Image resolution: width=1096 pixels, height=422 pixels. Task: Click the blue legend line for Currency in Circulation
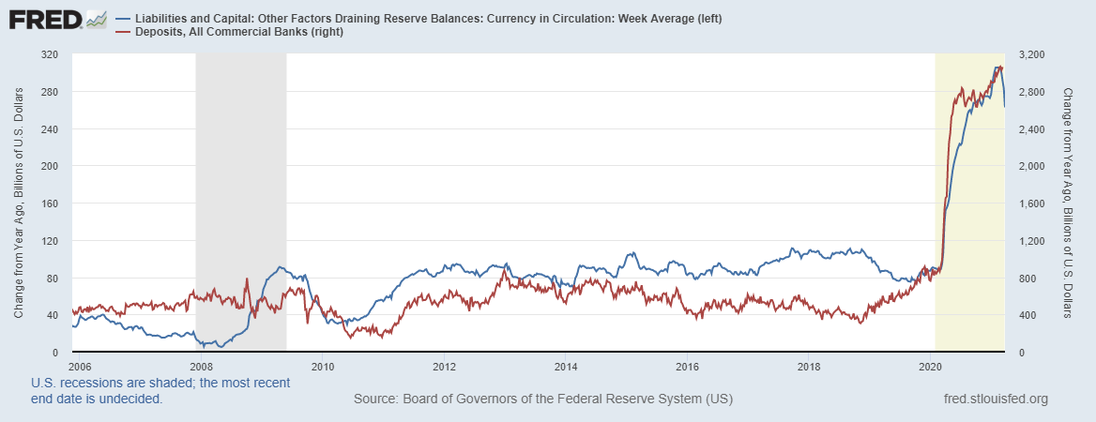[x=123, y=19]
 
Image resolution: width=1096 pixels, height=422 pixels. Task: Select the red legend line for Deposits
[x=123, y=33]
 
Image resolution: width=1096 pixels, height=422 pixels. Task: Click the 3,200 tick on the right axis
[x=1027, y=54]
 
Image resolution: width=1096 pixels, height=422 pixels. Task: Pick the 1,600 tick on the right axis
[x=1027, y=203]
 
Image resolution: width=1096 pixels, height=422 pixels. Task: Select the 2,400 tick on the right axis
[x=1027, y=129]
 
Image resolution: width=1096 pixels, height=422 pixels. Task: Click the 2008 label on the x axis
[x=201, y=366]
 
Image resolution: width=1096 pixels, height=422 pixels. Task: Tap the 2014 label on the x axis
[x=566, y=366]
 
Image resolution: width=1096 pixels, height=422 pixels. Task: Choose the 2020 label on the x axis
[x=931, y=366]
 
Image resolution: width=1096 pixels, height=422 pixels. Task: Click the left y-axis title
[x=19, y=203]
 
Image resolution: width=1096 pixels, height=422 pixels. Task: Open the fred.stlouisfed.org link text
[x=995, y=399]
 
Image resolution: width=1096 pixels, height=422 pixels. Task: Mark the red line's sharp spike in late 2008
[x=247, y=279]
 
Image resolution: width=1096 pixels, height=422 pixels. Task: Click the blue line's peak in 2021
[x=997, y=67]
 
